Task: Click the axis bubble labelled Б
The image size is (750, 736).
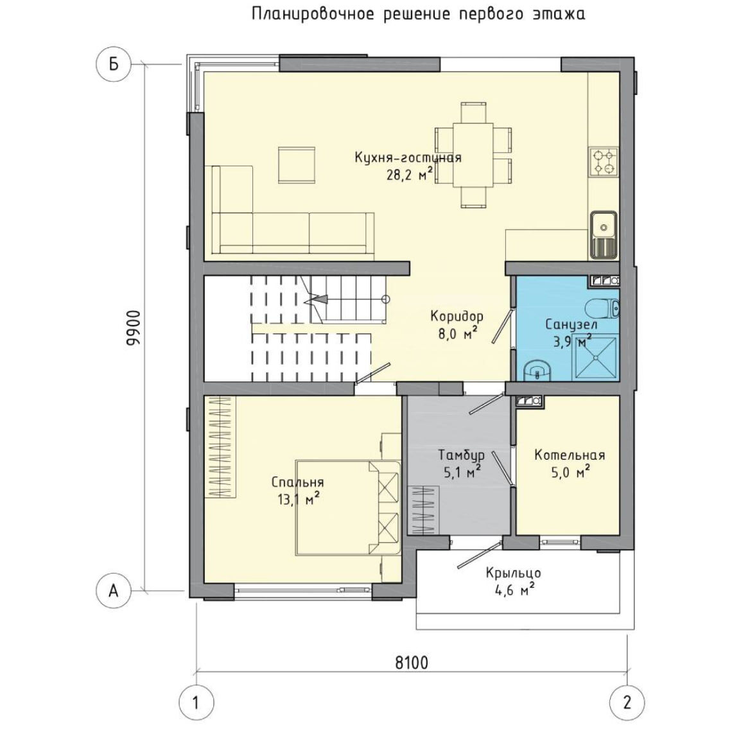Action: pyautogui.click(x=114, y=64)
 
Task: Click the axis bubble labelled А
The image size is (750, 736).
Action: pyautogui.click(x=114, y=591)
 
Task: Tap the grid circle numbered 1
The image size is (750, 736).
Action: pyautogui.click(x=196, y=703)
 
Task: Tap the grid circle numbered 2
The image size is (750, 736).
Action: pyautogui.click(x=627, y=703)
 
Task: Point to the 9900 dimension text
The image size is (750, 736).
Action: pyautogui.click(x=134, y=328)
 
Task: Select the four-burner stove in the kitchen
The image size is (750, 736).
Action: pyautogui.click(x=604, y=162)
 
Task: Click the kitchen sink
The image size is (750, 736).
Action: pyautogui.click(x=604, y=235)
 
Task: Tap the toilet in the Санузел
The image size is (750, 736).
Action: pyautogui.click(x=603, y=308)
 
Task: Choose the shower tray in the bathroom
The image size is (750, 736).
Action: pyautogui.click(x=595, y=357)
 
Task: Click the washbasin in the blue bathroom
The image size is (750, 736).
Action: pyautogui.click(x=537, y=371)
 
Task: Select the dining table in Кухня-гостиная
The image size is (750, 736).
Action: pyautogui.click(x=473, y=155)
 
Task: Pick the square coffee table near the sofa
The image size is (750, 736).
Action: pyautogui.click(x=297, y=165)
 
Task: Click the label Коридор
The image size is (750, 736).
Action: pyautogui.click(x=457, y=317)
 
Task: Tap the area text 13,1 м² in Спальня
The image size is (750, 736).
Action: pyautogui.click(x=299, y=500)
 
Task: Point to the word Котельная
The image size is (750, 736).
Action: pyautogui.click(x=570, y=455)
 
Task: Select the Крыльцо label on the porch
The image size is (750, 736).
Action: pyautogui.click(x=513, y=573)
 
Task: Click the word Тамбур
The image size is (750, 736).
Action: pyautogui.click(x=462, y=455)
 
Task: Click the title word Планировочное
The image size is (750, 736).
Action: pyautogui.click(x=312, y=14)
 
